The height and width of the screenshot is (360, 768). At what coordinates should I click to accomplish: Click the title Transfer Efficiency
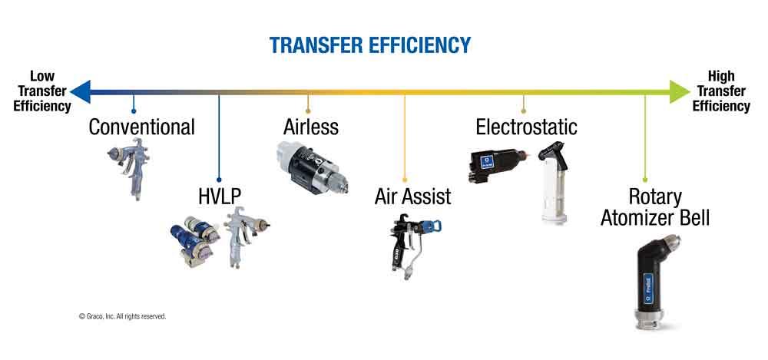pos(370,45)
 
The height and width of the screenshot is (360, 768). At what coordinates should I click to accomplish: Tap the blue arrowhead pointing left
pos(81,91)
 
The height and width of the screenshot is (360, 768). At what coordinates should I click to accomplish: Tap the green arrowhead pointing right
pos(680,91)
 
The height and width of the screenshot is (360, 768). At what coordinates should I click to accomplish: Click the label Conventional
pos(141,127)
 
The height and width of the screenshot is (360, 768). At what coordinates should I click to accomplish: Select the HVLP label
pos(220,197)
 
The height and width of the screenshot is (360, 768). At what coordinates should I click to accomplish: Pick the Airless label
pos(310,127)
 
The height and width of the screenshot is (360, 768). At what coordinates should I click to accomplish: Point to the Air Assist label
pos(412,197)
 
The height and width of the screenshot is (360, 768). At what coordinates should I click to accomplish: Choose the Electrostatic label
pos(526,127)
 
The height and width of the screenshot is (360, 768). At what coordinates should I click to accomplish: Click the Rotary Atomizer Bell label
pos(655,208)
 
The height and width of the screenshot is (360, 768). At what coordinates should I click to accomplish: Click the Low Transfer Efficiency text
pos(42,91)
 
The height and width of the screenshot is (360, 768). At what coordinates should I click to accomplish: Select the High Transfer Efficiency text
pos(721,91)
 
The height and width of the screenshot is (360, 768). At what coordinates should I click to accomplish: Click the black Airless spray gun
pos(312,167)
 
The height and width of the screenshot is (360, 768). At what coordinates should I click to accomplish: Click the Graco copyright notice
pos(122,316)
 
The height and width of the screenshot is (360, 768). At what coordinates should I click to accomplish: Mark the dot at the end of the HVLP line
pos(219,180)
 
